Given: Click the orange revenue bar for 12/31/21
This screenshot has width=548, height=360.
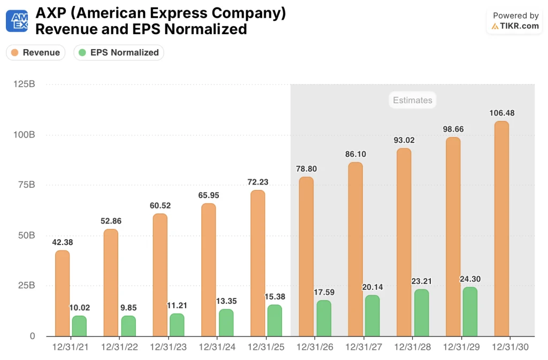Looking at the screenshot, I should [62, 293].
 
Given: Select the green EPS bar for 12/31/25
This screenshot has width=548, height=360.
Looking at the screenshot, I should [275, 320].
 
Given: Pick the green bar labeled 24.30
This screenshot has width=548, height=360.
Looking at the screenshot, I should [469, 311].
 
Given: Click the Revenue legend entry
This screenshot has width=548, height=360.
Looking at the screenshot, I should [35, 52].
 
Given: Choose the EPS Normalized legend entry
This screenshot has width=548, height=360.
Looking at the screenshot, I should [119, 52].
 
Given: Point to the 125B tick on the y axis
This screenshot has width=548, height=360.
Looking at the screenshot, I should [25, 85].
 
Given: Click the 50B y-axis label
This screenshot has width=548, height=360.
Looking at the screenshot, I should [26, 235].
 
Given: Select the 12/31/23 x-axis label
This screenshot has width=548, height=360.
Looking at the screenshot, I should [169, 347].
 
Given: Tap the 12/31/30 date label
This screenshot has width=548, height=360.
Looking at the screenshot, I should [510, 347].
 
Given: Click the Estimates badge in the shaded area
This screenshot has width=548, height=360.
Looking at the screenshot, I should [412, 100].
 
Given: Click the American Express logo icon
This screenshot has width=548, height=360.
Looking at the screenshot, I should [17, 21].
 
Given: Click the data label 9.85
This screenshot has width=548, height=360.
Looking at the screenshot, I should [128, 308].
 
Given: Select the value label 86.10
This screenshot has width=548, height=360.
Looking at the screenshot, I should [355, 154].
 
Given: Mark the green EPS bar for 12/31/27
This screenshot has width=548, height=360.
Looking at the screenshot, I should [372, 316].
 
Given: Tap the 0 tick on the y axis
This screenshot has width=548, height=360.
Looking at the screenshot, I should [32, 336].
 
